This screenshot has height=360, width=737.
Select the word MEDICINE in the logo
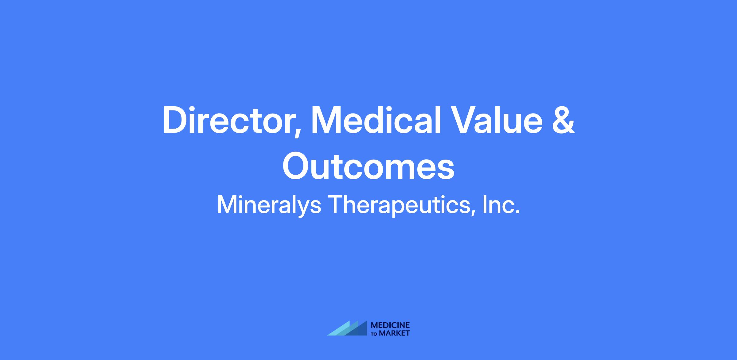tap(390, 325)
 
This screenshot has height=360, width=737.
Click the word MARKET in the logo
tap(395, 333)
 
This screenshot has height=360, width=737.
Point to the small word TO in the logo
tap(375, 334)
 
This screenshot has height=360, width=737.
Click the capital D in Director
tap(175, 120)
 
